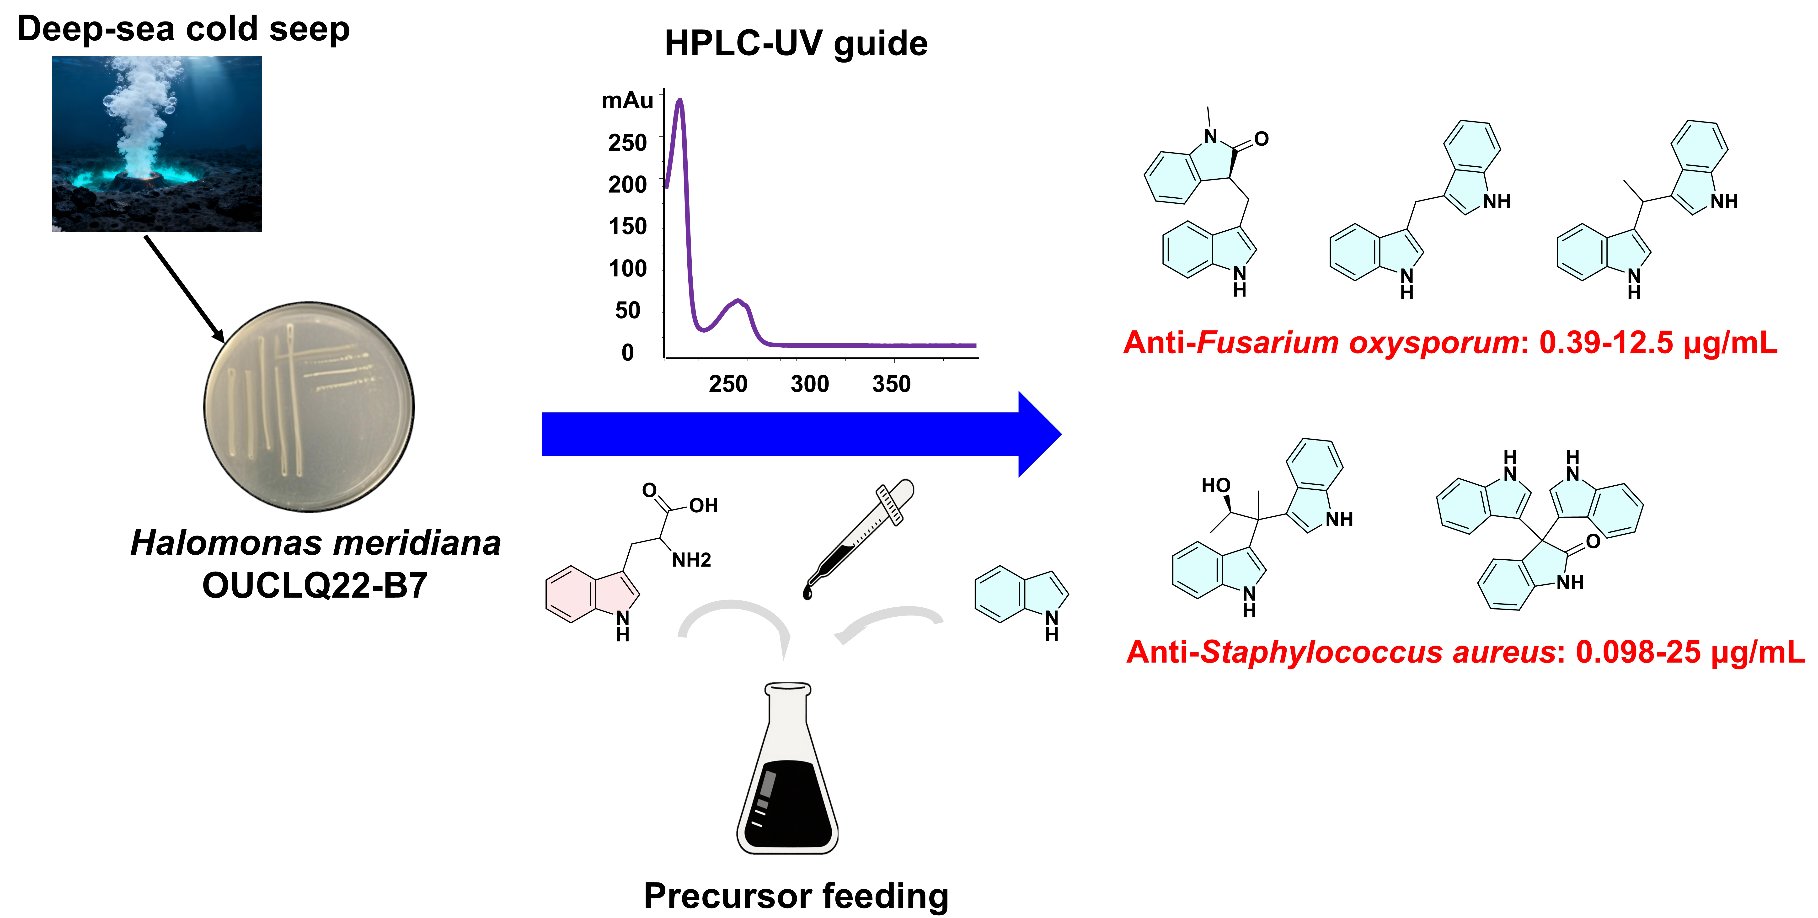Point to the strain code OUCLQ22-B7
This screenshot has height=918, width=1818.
pyautogui.click(x=315, y=586)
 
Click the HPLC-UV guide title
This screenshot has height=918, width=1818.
pyautogui.click(x=796, y=44)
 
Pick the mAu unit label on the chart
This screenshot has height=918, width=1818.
pyautogui.click(x=627, y=101)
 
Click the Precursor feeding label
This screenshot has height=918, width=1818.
pyautogui.click(x=796, y=896)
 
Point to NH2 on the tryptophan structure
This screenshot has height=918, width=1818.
pyautogui.click(x=691, y=560)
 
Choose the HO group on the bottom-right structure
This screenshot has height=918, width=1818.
pyautogui.click(x=1215, y=485)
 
